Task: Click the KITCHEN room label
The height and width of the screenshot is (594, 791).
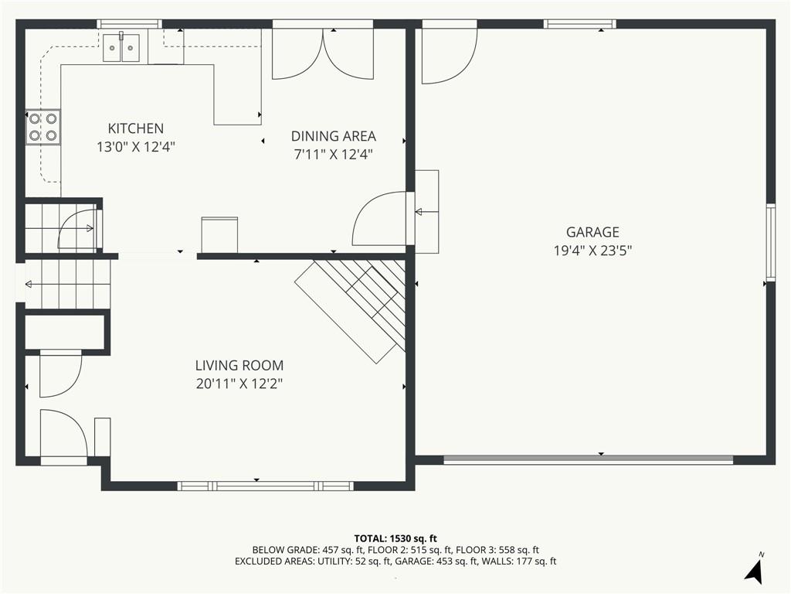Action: coord(136,128)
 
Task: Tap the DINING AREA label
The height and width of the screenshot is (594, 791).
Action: coord(334,136)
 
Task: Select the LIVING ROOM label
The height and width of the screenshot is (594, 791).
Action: coord(239,365)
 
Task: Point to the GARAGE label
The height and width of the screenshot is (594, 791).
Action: coord(592,232)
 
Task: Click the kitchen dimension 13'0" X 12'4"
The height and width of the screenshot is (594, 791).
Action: coord(136,147)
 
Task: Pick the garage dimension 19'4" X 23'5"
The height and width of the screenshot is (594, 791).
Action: coord(592,251)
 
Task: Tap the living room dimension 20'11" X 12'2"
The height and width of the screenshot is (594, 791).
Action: coord(239,384)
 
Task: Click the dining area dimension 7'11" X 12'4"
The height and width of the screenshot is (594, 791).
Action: coord(334,155)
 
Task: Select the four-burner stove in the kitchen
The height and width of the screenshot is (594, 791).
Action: coord(43,128)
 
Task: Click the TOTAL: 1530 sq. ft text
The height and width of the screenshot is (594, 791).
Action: coord(395,538)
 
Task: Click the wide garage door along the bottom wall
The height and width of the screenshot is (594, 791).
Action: coord(588,459)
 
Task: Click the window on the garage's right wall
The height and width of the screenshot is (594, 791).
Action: coord(771,242)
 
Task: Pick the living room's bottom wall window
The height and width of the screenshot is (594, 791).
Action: coord(266,486)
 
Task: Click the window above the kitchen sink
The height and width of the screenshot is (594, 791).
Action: coord(130,23)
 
